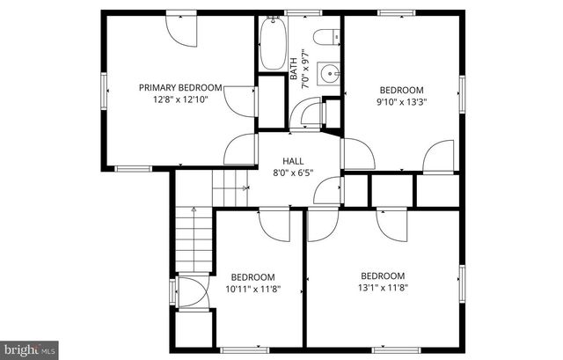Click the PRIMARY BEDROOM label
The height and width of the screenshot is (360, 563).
tap(180, 88)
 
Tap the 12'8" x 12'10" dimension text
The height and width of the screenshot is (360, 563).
tap(180, 99)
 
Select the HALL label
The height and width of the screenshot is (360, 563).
tap(293, 161)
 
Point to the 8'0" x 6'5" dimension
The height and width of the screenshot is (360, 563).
tap(293, 173)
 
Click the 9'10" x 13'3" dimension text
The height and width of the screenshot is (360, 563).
tap(401, 101)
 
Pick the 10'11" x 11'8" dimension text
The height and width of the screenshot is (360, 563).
tap(252, 288)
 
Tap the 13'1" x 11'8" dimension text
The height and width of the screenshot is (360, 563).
tap(384, 286)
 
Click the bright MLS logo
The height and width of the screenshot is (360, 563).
tap(29, 349)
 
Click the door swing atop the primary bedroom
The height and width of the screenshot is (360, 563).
tap(182, 31)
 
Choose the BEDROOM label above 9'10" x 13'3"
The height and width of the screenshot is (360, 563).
tap(401, 90)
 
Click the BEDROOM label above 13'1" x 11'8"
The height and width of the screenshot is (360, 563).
tap(384, 275)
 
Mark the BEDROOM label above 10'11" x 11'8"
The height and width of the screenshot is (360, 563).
tap(252, 276)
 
